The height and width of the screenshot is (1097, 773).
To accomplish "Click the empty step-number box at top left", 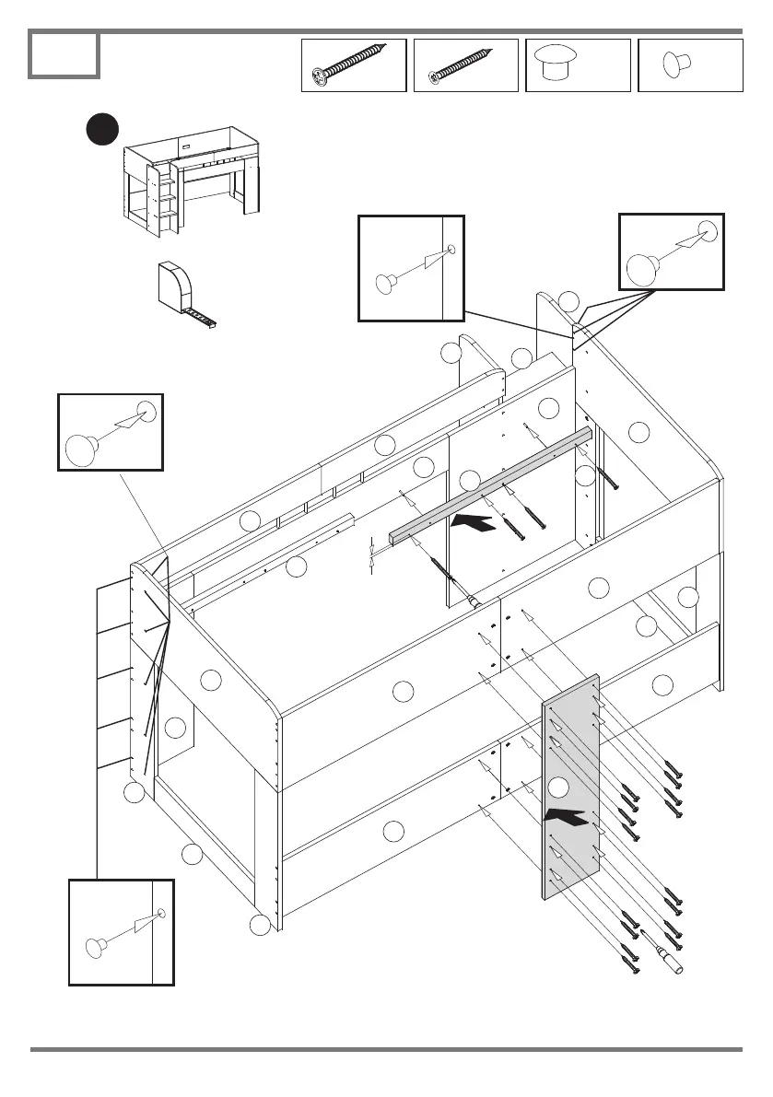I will click(64, 54).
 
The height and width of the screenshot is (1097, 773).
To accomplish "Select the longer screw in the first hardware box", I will click(353, 64).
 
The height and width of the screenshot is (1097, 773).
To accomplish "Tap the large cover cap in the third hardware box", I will click(558, 64).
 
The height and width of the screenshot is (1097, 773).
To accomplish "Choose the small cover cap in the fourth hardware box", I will click(679, 64).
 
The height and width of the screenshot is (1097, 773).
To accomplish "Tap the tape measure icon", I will click(181, 294).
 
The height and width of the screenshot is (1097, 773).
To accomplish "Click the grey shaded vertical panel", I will click(570, 788).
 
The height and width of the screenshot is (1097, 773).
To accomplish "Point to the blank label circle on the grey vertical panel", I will click(558, 787).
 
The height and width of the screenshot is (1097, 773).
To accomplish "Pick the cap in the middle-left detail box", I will click(81, 449).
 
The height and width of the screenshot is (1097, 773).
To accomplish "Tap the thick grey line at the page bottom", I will click(386, 1049).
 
